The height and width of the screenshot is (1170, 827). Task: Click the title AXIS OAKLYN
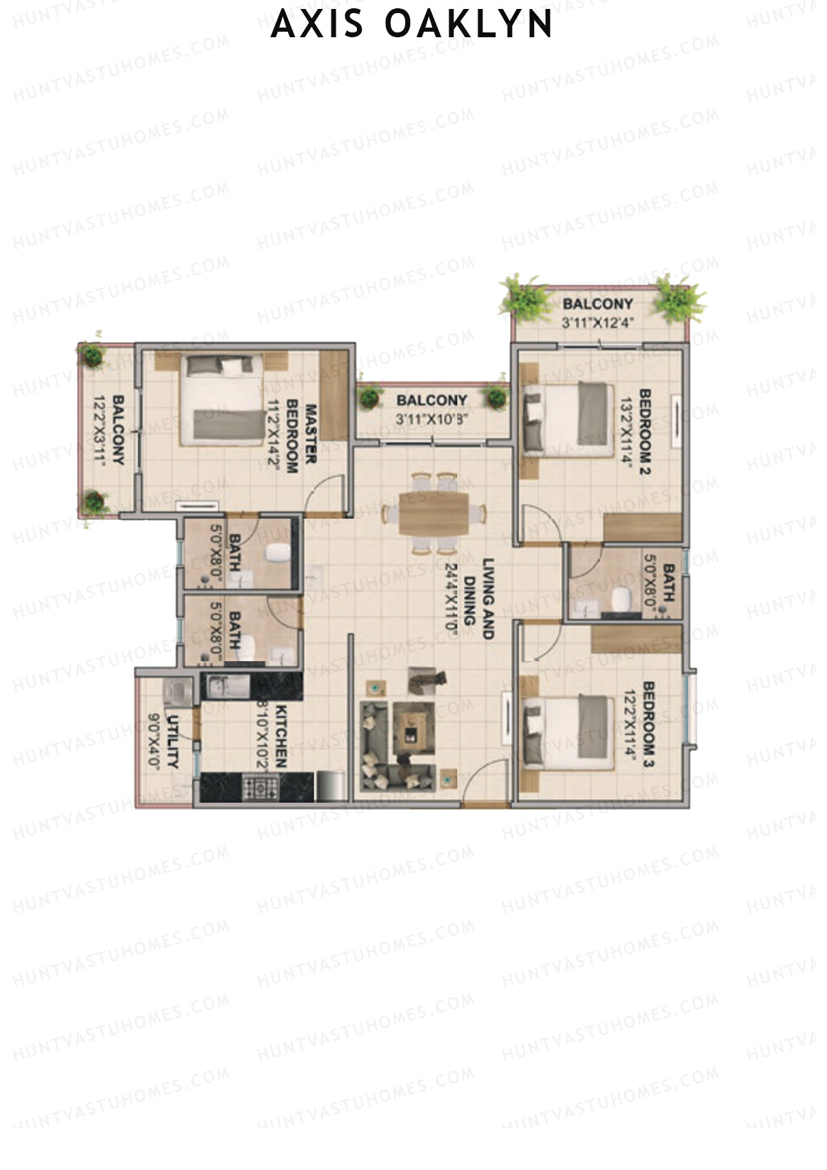pos(412,25)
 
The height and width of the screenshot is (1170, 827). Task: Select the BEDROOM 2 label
pos(646,433)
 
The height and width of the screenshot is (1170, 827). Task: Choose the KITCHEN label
pos(281,736)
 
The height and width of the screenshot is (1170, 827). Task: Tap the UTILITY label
pos(172,741)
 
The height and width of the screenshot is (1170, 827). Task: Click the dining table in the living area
pos(435,513)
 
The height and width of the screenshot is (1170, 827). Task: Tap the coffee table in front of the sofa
pos(413,729)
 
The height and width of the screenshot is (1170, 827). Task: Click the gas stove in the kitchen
pos(261,787)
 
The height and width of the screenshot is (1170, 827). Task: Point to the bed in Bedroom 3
pos(569,732)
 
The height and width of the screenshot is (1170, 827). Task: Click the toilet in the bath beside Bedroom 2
pos(620,599)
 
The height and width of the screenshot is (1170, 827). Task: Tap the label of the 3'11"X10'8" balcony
pos(431,400)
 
